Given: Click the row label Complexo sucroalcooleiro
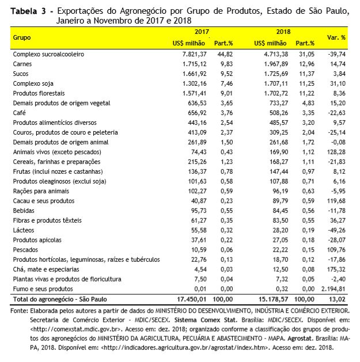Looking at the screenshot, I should pyautogui.click(x=48, y=54).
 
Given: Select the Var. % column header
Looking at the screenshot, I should pyautogui.click(x=336, y=37).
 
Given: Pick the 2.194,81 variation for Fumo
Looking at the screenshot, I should pyautogui.click(x=332, y=288).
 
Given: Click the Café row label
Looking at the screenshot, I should pyautogui.click(x=18, y=113).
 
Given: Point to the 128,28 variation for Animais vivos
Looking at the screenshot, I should pyautogui.click(x=335, y=152).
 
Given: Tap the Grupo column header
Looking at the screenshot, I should pyautogui.click(x=22, y=37).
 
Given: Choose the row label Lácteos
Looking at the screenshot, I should pyautogui.click(x=22, y=230).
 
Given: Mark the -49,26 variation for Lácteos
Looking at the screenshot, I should pyautogui.click(x=335, y=230).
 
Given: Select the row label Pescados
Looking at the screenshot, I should pyautogui.click(x=25, y=249).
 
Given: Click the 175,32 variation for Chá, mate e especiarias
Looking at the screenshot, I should pyautogui.click(x=335, y=269).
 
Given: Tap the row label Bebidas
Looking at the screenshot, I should pyautogui.click(x=22, y=210).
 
